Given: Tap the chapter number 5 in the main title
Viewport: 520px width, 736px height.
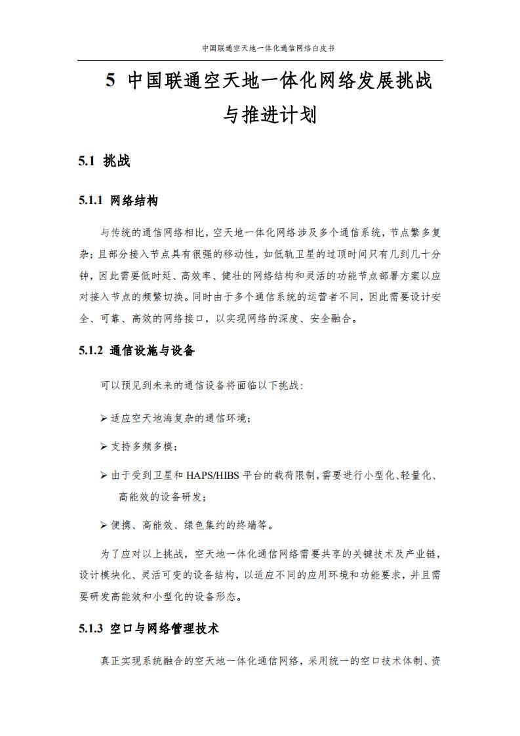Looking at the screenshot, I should (111, 81).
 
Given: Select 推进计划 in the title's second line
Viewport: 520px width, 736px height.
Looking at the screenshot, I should (279, 115).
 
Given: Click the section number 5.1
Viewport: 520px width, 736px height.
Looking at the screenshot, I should (87, 161).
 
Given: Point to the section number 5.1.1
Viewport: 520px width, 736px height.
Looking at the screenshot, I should (90, 201).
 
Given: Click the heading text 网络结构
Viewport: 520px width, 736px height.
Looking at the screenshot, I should (134, 201).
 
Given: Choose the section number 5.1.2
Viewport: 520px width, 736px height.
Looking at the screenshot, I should (90, 351).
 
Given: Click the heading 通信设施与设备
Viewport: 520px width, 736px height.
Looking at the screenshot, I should (153, 351).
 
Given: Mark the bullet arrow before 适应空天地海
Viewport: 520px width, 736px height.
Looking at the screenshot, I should (104, 418).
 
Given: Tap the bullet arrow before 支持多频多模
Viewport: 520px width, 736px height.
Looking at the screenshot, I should (104, 447).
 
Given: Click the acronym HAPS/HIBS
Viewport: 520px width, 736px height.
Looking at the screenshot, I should (214, 476).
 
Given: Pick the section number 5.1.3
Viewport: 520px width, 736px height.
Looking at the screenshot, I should (90, 629).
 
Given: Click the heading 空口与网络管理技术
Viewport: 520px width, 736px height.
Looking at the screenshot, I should (165, 629).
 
